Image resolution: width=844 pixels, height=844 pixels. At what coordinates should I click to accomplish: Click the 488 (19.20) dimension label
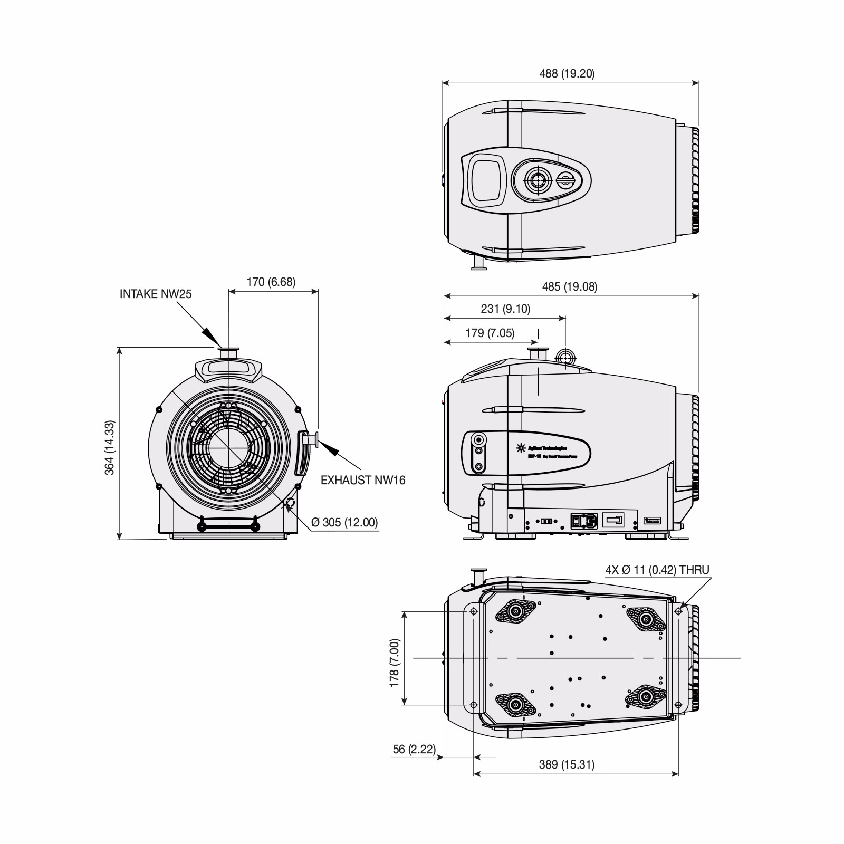pos(567,74)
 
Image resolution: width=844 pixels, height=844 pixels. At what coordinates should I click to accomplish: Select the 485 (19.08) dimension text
pos(569,287)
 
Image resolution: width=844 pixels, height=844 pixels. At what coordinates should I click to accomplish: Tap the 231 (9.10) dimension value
pos(505,309)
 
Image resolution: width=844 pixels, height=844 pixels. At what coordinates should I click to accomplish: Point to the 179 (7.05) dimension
pos(489,333)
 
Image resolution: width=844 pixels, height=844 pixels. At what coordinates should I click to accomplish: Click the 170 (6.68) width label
pos(271,282)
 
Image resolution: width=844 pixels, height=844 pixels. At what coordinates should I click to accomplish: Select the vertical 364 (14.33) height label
pos(110,448)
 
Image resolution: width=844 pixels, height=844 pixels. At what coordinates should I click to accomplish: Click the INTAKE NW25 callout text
pos(155,294)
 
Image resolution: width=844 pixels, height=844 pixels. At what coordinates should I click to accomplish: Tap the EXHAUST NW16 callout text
pos(363,480)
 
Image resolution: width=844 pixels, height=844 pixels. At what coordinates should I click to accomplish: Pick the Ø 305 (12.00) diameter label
pos(344,522)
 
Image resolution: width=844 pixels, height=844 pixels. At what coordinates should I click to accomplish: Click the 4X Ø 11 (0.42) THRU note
pos(657,570)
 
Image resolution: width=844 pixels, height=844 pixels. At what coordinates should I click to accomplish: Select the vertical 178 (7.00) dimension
pos(395,663)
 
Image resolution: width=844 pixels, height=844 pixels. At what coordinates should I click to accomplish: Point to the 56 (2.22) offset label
pos(414,750)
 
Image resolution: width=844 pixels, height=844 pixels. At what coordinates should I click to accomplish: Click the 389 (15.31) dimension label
pos(567,764)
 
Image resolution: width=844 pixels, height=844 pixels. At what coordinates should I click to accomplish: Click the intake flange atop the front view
pos(229,352)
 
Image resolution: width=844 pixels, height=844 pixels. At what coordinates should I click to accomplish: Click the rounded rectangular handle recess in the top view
pos(485,180)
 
